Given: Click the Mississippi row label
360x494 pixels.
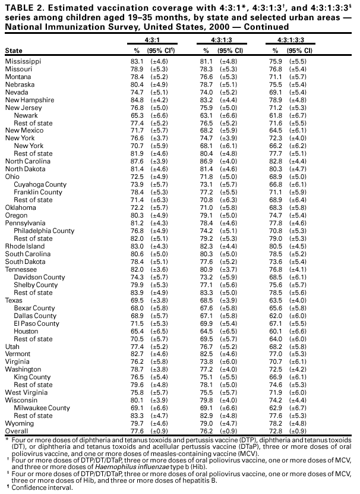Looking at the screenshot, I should (23, 61).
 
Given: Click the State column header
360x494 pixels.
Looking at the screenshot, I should (14, 51).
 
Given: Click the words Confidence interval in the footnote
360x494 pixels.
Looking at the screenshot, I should (39, 488).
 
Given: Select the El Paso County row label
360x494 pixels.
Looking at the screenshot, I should (37, 324).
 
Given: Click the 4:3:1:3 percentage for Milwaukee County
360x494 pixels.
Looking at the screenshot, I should (205, 408).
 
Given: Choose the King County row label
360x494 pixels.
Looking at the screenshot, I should (32, 377).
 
